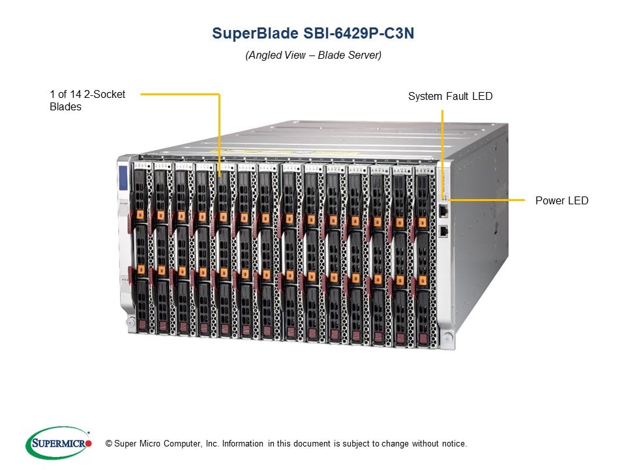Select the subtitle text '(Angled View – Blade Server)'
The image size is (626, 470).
pos(313,55)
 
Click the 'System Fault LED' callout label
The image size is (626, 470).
pos(450,96)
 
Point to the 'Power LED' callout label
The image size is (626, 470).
pos(561,200)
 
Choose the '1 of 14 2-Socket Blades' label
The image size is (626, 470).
pos(87,101)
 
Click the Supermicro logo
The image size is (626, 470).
pos(58,443)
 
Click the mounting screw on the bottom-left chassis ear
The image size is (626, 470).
pos(130,321)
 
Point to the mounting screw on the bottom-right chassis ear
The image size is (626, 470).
pos(447,338)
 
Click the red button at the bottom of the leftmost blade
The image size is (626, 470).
pos(143,324)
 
